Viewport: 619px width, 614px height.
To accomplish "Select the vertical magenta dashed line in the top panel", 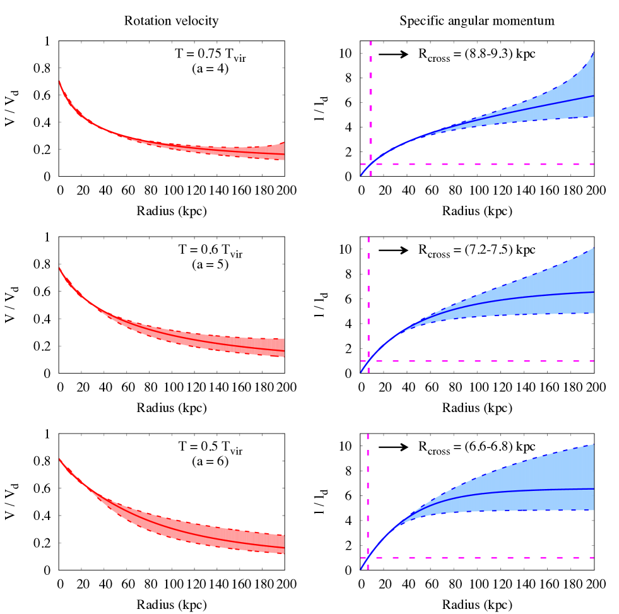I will tap(370, 95).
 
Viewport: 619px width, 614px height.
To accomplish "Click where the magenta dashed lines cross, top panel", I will tap(370, 165).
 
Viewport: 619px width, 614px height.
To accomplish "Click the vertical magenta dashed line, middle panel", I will tap(368, 284).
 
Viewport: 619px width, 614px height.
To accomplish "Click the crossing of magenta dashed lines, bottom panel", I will tap(368, 558).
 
